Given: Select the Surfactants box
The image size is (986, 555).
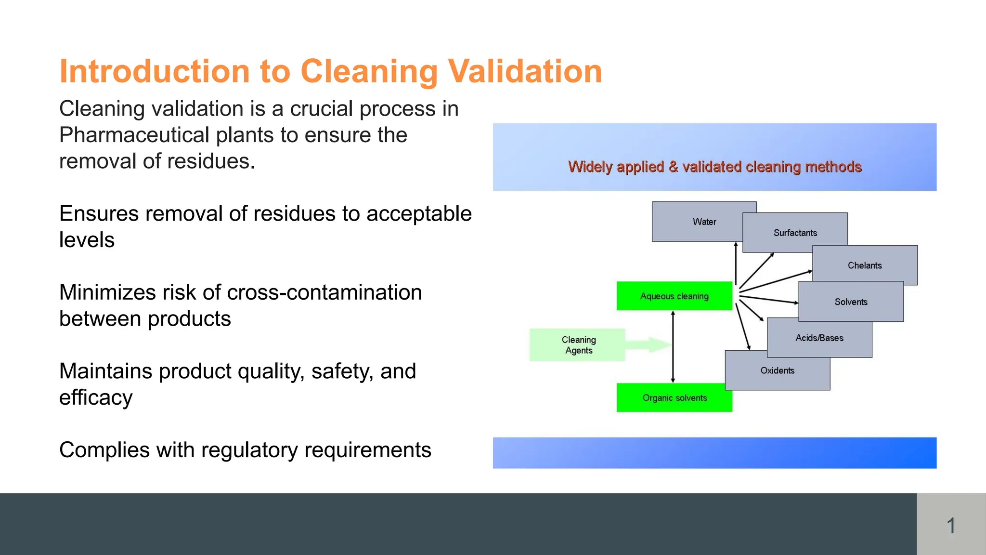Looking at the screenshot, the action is click(x=795, y=233).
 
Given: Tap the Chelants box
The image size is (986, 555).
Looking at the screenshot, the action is click(x=865, y=265).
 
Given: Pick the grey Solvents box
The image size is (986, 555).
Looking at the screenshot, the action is click(x=851, y=302).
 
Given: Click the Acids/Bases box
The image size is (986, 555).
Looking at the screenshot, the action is click(x=819, y=338).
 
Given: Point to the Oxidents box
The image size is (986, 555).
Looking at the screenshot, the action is click(x=777, y=370).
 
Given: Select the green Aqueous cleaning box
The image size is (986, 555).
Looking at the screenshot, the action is click(x=674, y=296).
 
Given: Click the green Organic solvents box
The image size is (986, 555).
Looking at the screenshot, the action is click(x=674, y=397).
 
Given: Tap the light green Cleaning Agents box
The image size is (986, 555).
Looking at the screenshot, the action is click(x=578, y=345).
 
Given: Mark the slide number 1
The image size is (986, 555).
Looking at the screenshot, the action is click(x=951, y=525).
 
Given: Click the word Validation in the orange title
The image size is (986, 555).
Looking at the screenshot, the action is click(x=525, y=71).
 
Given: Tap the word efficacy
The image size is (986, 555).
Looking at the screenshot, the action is click(x=95, y=398).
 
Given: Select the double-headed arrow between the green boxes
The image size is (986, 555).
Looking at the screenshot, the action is click(x=673, y=347).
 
